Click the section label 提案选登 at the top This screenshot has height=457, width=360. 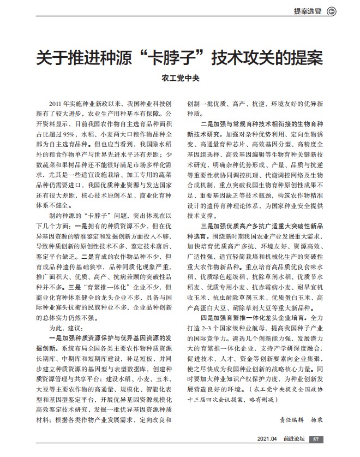point(307,10)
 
